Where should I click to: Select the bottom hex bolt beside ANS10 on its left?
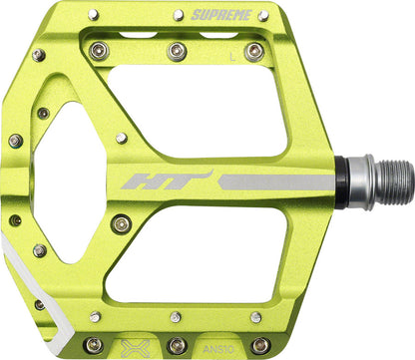(177, 345)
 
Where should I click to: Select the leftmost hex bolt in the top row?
(97, 50)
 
